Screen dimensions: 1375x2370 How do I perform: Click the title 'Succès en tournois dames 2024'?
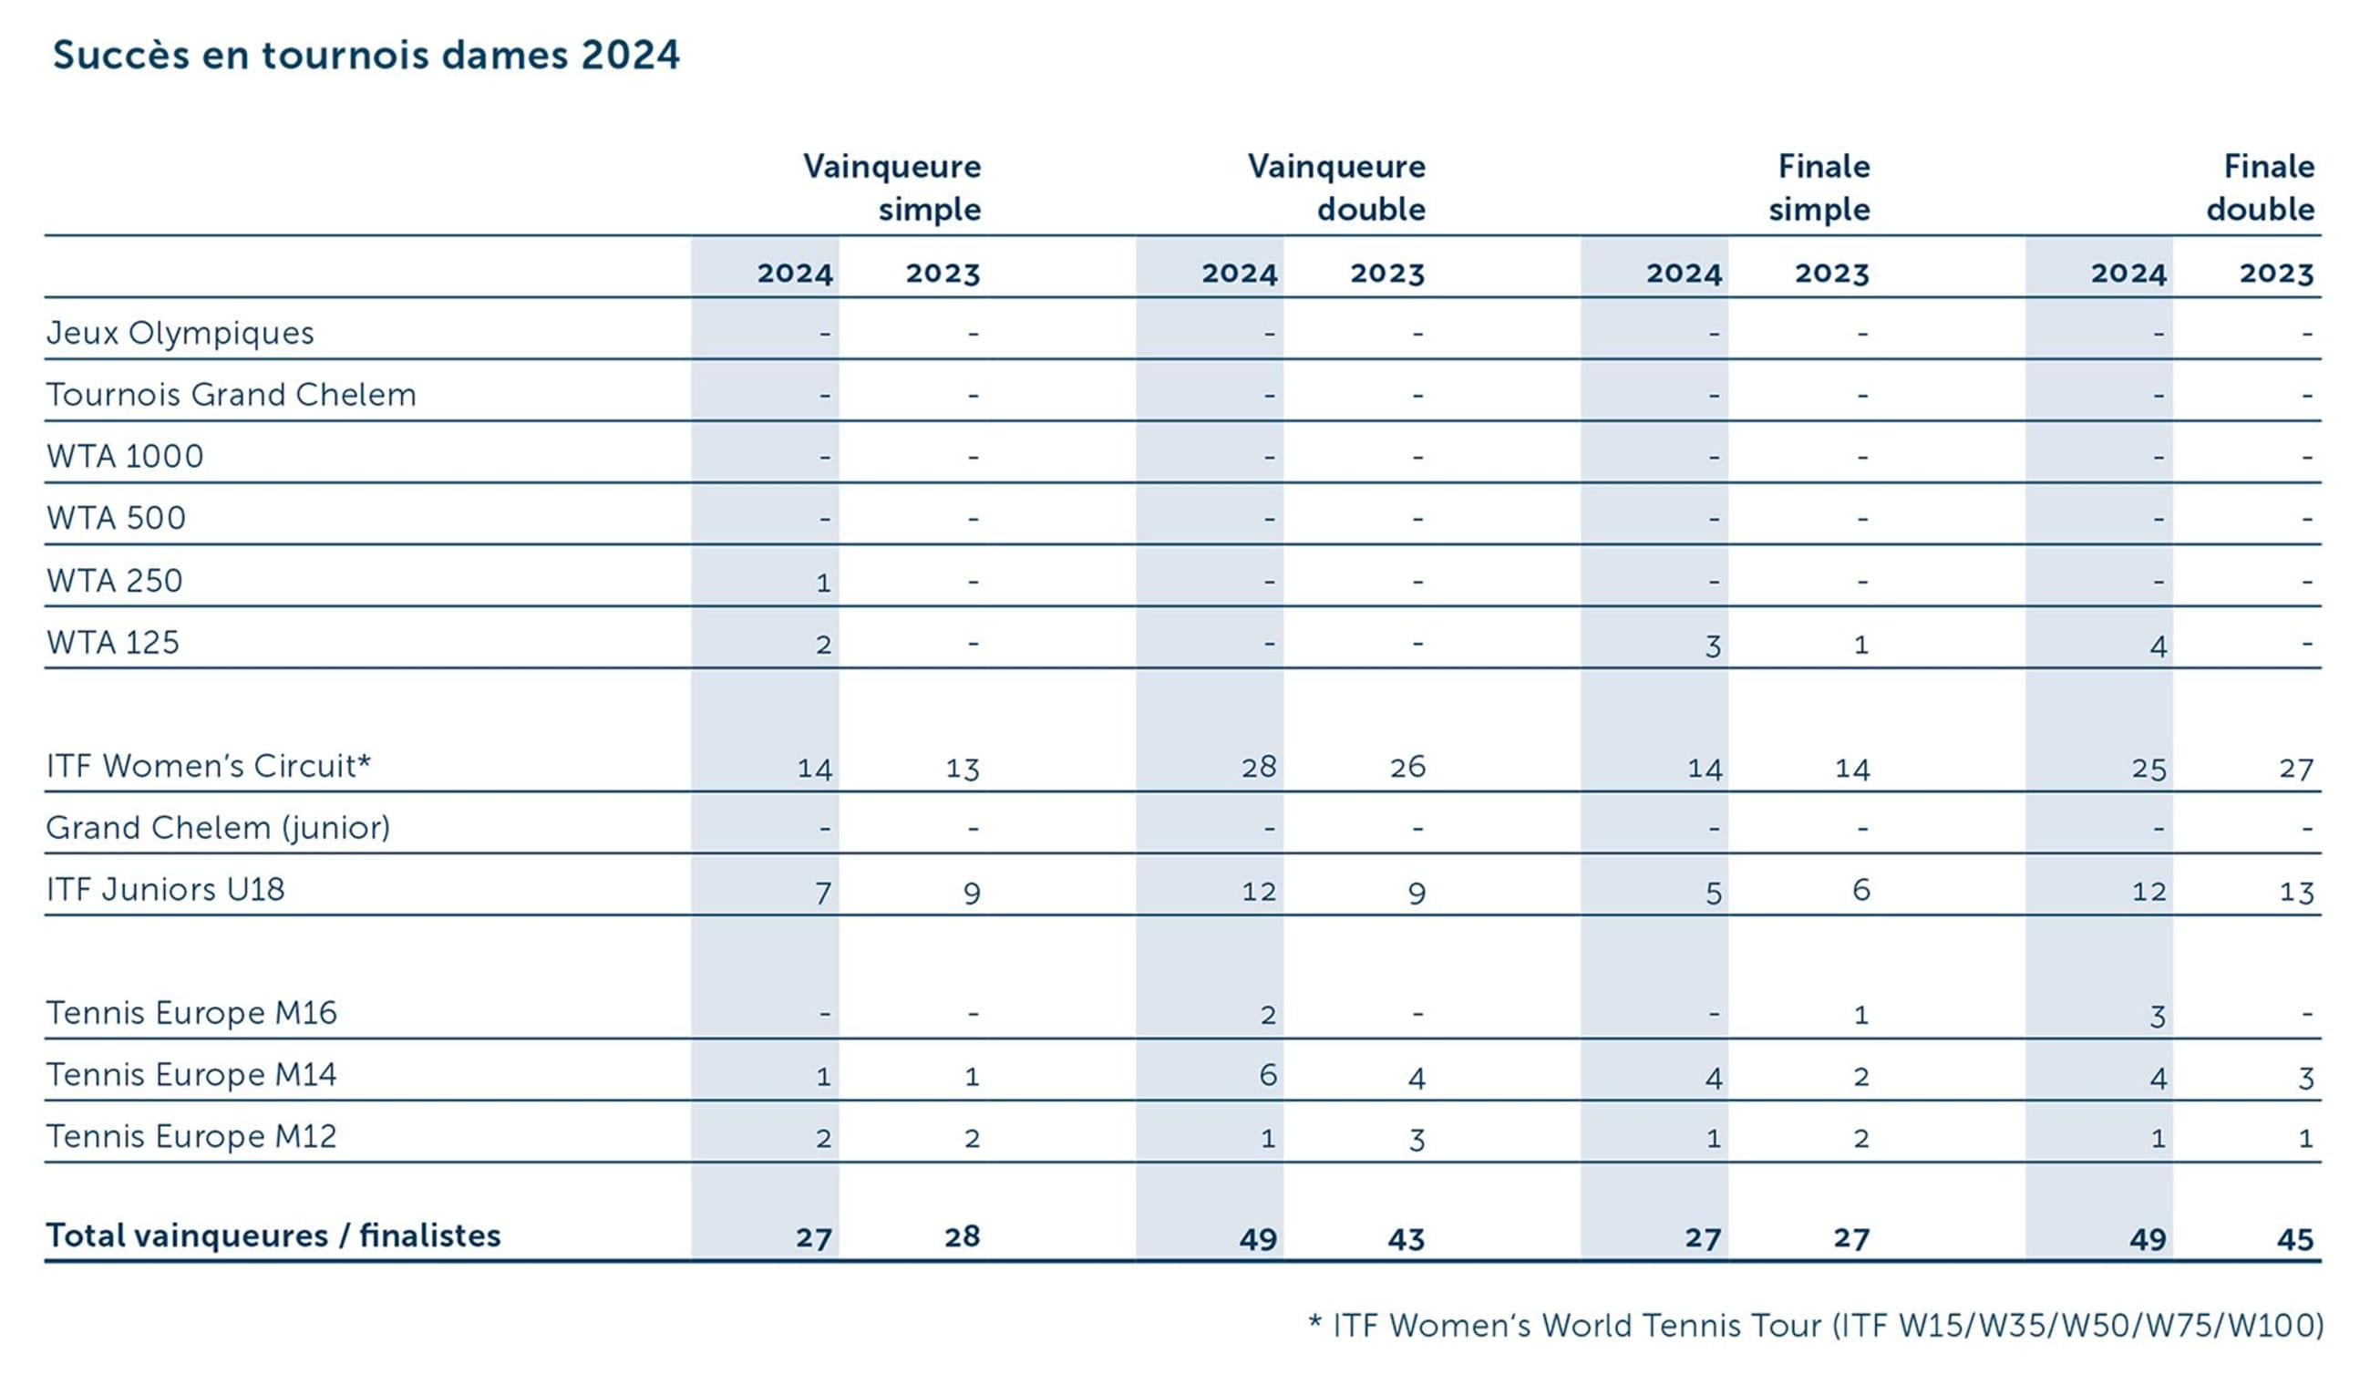click(366, 55)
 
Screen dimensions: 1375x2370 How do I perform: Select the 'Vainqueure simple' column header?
click(891, 187)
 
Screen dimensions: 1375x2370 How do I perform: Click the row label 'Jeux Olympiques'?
click(180, 333)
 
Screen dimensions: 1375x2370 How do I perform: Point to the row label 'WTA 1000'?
click(125, 456)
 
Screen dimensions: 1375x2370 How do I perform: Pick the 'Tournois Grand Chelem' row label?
click(232, 394)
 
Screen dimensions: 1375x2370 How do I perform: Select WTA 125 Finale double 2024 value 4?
click(2159, 646)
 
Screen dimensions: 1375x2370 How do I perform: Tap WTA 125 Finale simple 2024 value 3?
click(1713, 646)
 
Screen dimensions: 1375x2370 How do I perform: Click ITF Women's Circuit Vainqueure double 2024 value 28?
click(1258, 768)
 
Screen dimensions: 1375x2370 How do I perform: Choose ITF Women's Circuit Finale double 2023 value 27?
click(2295, 770)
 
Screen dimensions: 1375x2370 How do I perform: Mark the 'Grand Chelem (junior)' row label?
click(218, 828)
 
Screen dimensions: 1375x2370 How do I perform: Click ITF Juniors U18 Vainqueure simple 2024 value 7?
click(823, 892)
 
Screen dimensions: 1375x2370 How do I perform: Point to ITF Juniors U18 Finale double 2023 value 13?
click(2295, 892)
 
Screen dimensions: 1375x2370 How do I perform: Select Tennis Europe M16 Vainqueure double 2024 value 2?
click(1268, 1015)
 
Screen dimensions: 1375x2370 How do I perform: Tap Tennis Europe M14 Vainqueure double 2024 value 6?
click(1268, 1075)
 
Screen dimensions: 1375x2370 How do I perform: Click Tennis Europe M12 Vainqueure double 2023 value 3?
click(1417, 1139)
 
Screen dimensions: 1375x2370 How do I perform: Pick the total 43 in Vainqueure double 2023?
click(1406, 1238)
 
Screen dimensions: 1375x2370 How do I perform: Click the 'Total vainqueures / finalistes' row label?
click(273, 1235)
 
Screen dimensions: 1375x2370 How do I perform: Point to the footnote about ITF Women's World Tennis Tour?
click(1815, 1325)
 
